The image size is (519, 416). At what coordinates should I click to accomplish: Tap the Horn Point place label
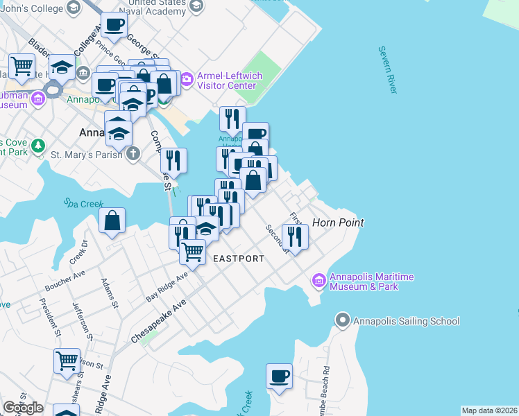pyautogui.click(x=338, y=223)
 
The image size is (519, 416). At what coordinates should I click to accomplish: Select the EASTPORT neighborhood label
pyautogui.click(x=238, y=259)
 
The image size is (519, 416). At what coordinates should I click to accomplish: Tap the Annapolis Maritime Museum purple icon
pyautogui.click(x=319, y=281)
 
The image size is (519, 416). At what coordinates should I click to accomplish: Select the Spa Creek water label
pyautogui.click(x=83, y=204)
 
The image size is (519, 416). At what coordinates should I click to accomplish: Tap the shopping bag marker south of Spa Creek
pyautogui.click(x=112, y=222)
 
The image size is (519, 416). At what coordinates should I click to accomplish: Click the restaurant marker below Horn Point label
pyautogui.click(x=295, y=237)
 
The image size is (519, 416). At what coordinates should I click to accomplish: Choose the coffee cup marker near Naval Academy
pyautogui.click(x=114, y=26)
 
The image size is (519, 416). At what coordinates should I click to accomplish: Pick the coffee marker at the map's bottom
pyautogui.click(x=279, y=376)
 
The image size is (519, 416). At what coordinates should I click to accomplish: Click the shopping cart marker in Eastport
pyautogui.click(x=192, y=252)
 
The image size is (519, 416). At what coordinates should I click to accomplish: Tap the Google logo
pyautogui.click(x=23, y=408)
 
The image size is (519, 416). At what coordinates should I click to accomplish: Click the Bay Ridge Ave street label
pyautogui.click(x=167, y=287)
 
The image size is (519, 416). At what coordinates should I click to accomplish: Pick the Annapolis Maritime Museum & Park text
pyautogui.click(x=371, y=281)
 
